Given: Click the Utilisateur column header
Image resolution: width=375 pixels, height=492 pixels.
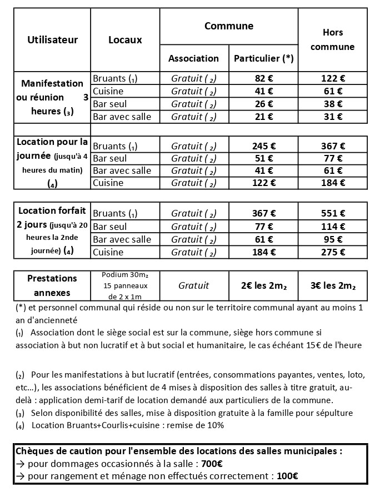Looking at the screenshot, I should (52, 39).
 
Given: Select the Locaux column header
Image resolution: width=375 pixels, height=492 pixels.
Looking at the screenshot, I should (125, 39).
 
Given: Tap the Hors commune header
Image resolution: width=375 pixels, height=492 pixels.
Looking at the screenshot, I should (332, 39).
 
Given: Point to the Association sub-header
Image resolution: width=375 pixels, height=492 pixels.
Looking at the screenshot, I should (193, 58).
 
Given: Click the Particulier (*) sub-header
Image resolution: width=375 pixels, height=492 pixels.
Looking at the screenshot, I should (263, 58).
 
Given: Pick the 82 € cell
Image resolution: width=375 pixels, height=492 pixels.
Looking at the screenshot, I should (263, 78).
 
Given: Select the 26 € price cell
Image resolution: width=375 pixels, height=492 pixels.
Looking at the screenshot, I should (263, 104).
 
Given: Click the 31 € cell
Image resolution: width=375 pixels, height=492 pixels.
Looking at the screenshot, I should (332, 117).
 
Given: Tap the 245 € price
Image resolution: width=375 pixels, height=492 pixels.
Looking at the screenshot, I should (263, 146).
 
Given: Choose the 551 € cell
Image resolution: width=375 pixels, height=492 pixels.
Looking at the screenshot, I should (332, 213).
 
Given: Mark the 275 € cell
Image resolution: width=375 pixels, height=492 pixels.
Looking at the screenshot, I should (332, 252).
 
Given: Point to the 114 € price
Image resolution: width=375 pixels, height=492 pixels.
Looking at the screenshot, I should (332, 226).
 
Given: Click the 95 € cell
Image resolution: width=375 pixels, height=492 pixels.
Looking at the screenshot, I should (332, 239).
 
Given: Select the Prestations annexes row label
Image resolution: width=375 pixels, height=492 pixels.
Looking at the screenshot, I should (52, 285).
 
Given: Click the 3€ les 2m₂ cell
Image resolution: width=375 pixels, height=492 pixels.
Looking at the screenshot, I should (332, 285).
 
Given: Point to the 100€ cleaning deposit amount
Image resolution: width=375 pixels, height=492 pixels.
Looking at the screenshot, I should (288, 475).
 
